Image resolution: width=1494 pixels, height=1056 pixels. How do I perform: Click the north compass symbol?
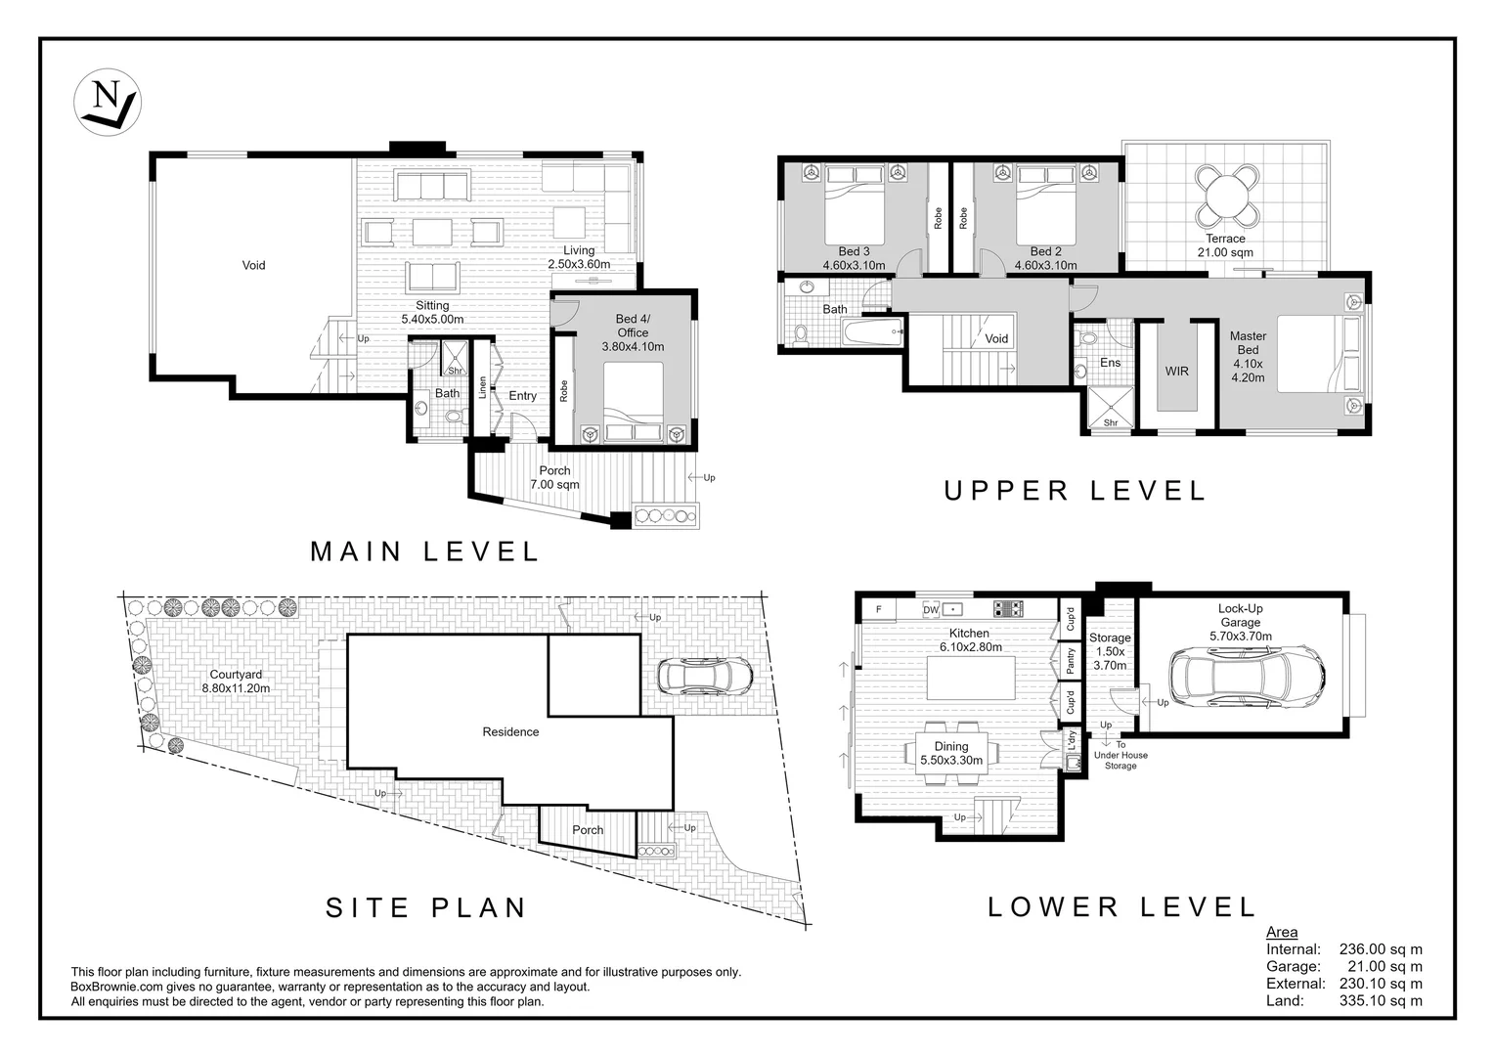(107, 102)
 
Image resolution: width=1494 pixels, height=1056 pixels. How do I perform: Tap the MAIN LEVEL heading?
(425, 551)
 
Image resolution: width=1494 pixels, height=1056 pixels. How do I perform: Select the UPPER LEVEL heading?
(1076, 491)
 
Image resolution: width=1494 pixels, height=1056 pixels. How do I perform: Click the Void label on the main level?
(253, 266)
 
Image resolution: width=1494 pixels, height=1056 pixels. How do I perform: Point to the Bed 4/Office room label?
(633, 332)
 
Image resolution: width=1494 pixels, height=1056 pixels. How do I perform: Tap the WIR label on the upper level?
(1176, 372)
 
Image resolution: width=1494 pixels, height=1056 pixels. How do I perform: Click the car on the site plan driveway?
(705, 677)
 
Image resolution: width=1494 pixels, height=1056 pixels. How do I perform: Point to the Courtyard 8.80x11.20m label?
(236, 682)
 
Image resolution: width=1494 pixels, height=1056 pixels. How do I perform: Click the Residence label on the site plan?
(510, 731)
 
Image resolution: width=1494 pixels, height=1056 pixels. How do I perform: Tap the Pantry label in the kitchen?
(1071, 660)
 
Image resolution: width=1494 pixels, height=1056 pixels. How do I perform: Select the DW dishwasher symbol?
(931, 609)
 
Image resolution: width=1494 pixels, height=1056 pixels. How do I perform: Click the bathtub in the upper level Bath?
(872, 331)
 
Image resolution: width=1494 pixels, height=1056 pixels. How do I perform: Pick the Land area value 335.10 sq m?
(1381, 1000)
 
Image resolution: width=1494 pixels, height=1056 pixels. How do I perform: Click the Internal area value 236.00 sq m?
(1381, 949)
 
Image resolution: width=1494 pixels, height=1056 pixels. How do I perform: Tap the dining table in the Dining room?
(951, 753)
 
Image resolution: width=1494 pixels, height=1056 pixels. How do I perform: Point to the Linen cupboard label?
(482, 387)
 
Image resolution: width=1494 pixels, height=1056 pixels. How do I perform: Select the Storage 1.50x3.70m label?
(1110, 651)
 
